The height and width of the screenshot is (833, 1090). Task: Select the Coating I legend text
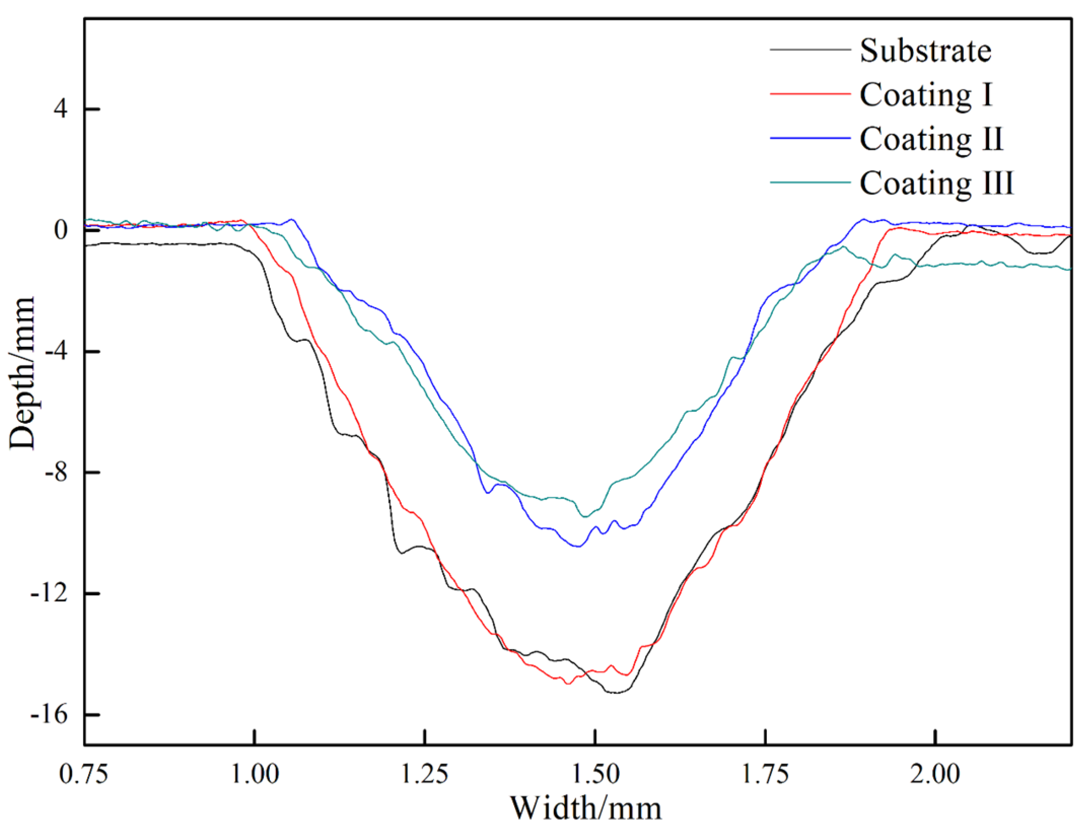pyautogui.click(x=925, y=94)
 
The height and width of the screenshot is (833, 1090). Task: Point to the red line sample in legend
pyautogui.click(x=810, y=94)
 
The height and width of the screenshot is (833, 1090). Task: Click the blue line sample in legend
pyautogui.click(x=810, y=138)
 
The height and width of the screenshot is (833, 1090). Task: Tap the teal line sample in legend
pyautogui.click(x=810, y=182)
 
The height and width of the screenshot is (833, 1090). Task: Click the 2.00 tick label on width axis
pyautogui.click(x=935, y=776)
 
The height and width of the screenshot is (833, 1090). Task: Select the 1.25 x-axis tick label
pyautogui.click(x=425, y=776)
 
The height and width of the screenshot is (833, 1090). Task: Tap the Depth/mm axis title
pyautogui.click(x=22, y=373)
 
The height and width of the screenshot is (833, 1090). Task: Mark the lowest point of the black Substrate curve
pyautogui.click(x=616, y=693)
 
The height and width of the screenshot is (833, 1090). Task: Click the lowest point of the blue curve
pyautogui.click(x=578, y=547)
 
